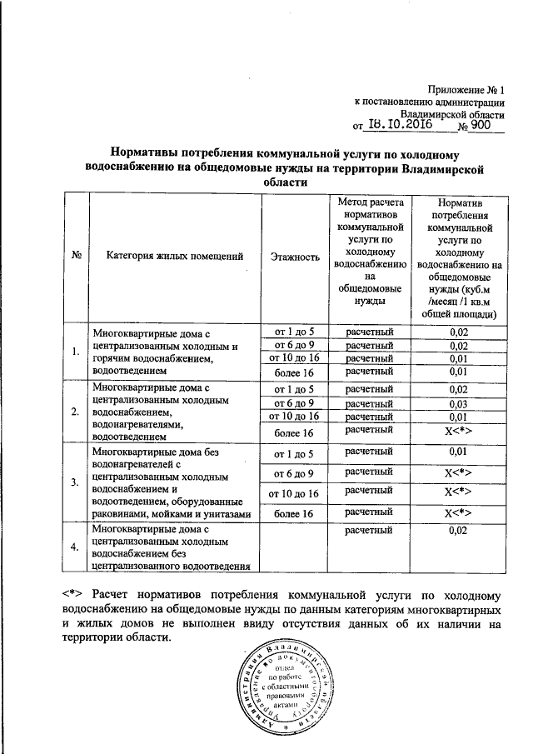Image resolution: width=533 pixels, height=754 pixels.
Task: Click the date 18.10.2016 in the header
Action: point(398,126)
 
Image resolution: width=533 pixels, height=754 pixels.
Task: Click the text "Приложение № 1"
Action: point(468,88)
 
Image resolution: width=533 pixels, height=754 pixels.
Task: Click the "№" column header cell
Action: point(76,257)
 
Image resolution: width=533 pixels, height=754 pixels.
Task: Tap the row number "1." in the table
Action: point(76,352)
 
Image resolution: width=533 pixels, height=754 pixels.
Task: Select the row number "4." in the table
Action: point(76,547)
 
